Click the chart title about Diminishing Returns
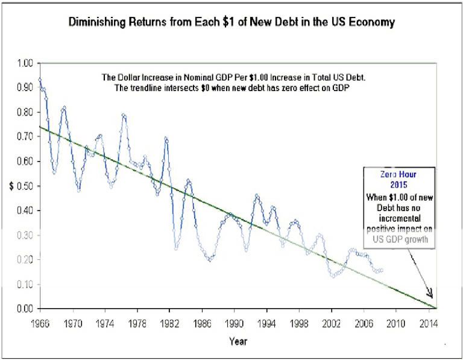tap(231, 23)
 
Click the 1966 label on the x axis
tap(41, 321)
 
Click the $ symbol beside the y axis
tap(11, 186)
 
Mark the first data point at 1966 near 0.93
tap(40, 80)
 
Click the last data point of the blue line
tap(381, 270)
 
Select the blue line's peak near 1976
tap(124, 115)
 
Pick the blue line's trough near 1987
tap(210, 259)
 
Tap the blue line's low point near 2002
tap(333, 276)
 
